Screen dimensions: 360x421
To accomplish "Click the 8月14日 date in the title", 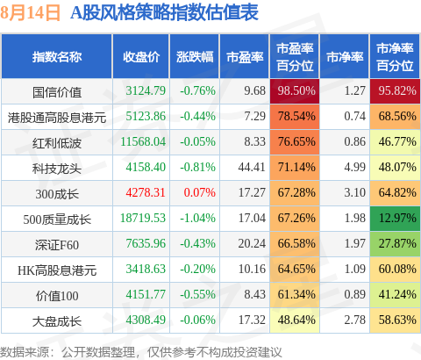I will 32,13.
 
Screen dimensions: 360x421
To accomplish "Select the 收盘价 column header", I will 140,57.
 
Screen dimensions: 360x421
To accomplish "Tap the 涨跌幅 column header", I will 194,57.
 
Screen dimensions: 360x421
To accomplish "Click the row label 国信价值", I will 57,90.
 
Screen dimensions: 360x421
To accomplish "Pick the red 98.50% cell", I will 296,90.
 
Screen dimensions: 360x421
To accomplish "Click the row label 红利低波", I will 57,141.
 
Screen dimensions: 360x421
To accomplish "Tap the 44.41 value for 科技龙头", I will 252,167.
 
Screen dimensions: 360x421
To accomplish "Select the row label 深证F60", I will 57,243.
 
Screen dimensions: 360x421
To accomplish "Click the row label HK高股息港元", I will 57,269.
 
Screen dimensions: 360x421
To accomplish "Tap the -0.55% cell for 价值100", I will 197,294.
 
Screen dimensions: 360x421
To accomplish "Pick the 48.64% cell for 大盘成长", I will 296,320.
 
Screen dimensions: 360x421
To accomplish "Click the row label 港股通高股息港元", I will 57,116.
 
